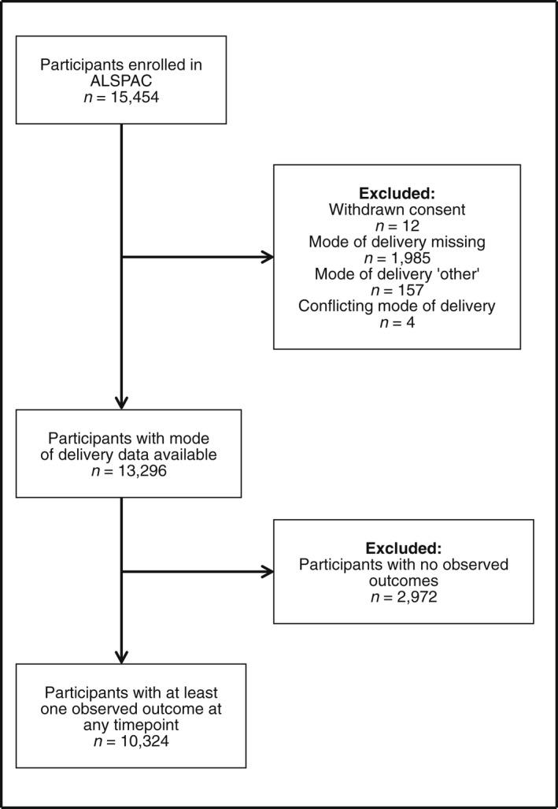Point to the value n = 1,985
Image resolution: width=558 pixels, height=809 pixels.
[x=397, y=258]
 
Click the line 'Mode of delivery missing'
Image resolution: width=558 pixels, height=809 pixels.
[x=397, y=242]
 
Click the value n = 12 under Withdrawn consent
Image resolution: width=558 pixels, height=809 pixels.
[x=397, y=225]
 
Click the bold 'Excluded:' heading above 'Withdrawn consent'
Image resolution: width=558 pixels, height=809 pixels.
[x=397, y=193]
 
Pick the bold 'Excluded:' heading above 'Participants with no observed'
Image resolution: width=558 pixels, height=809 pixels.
[x=403, y=549]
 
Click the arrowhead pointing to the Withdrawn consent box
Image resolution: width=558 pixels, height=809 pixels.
[x=268, y=257]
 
